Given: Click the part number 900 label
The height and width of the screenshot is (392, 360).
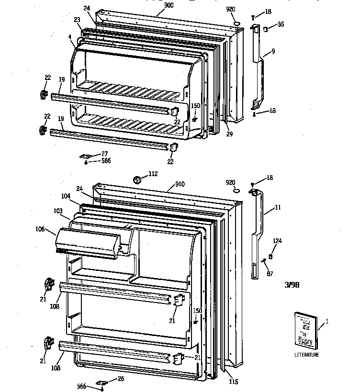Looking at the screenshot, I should [x=156, y=5].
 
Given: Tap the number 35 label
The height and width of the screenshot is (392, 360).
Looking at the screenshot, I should [x=281, y=24].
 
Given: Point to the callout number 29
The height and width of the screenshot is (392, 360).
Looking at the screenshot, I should [x=229, y=134].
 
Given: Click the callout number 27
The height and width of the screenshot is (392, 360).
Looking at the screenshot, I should [x=104, y=154].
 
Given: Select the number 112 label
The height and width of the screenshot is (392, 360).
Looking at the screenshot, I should [x=153, y=174].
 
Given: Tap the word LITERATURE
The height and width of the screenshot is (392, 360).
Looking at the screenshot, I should [x=307, y=355].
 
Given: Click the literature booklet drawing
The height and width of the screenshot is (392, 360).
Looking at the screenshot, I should [x=305, y=329].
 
